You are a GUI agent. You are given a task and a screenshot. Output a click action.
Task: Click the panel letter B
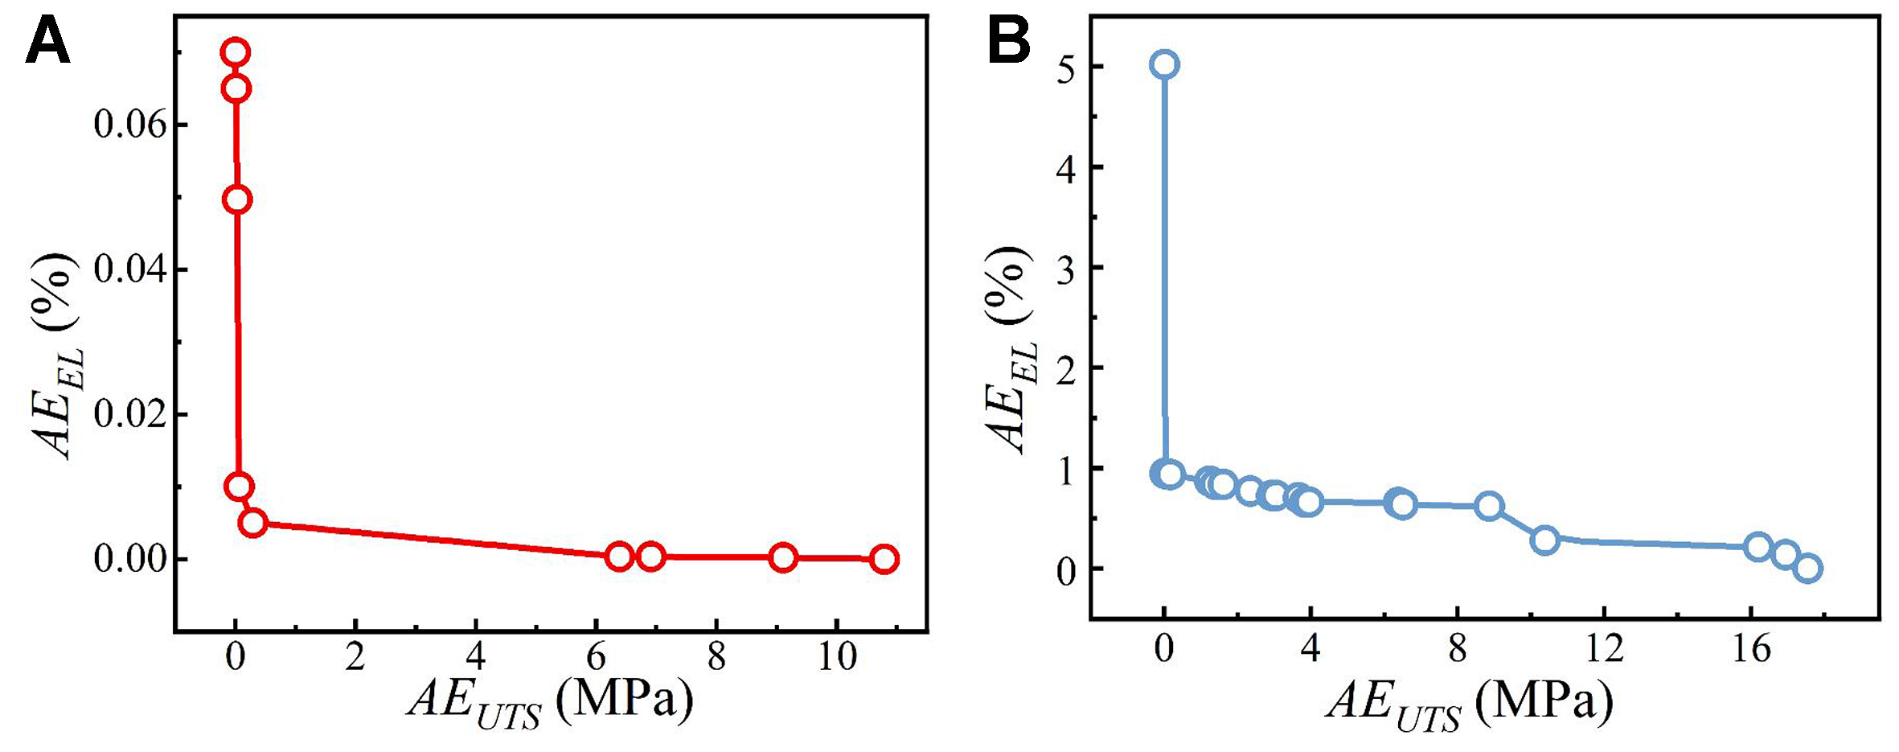1008,42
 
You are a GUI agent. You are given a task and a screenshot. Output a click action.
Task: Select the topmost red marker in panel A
235,52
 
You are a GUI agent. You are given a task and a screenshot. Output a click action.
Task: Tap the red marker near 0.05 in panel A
236,199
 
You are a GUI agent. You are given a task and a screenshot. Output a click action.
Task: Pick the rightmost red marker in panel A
884,558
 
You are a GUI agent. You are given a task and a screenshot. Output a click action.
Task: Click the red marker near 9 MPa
782,557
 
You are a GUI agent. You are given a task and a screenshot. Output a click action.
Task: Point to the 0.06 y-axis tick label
129,125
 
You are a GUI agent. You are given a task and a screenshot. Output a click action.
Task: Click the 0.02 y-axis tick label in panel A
129,414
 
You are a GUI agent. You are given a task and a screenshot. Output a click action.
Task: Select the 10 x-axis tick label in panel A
837,658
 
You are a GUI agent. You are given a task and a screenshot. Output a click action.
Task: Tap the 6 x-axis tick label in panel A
596,658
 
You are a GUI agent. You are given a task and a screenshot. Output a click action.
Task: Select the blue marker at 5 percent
1164,64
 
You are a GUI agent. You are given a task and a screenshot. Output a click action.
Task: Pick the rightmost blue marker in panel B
1807,568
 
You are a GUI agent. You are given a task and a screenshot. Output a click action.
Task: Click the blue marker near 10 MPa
1544,540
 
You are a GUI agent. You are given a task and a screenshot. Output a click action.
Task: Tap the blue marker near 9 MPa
1489,506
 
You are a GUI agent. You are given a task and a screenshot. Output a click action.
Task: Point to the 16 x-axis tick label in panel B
1750,648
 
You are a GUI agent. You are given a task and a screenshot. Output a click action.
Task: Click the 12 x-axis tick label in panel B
1604,648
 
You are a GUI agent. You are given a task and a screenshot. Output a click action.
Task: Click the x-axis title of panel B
1470,701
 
